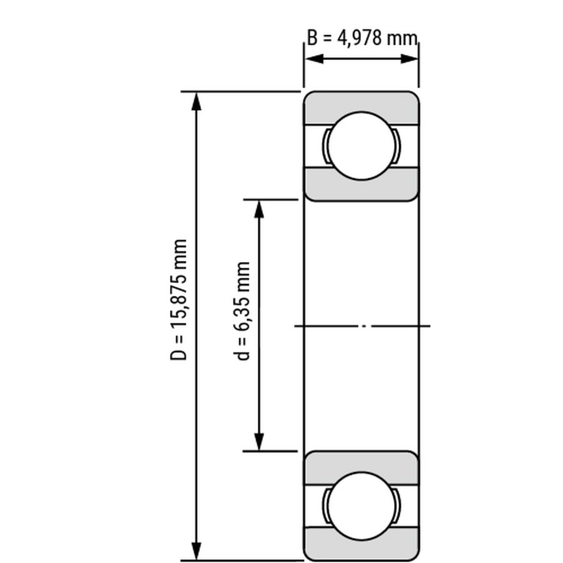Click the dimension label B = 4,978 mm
coord(362,38)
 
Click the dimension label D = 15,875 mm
coord(178,300)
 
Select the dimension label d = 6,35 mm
coord(241,311)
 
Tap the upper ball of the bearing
coord(362,146)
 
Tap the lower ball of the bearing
coord(362,506)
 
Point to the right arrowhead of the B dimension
coord(409,59)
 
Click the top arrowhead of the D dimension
coord(196,101)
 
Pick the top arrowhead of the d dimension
coord(259,210)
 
